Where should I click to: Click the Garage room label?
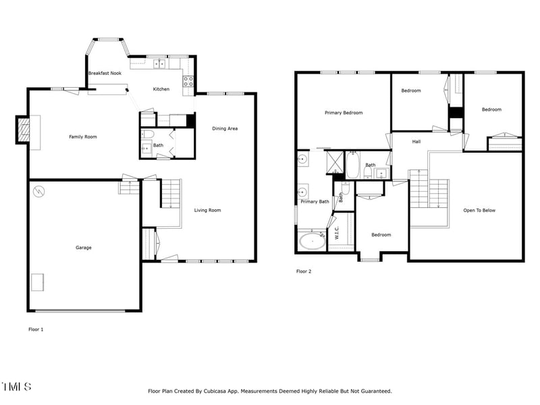click(84, 248)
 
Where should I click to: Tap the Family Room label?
click(83, 137)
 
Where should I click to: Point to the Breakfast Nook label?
click(104, 73)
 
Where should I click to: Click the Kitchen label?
click(161, 89)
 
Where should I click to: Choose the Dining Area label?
click(225, 128)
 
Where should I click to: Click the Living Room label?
click(208, 210)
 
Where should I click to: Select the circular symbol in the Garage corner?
click(39, 192)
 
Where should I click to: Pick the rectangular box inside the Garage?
click(38, 281)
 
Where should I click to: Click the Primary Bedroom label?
click(344, 113)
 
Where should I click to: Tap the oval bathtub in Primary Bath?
click(312, 240)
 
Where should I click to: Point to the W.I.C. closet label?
click(337, 234)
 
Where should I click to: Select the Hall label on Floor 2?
click(416, 142)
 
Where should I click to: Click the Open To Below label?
click(479, 210)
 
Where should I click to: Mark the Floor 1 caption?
click(36, 329)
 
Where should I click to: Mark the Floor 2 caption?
click(304, 271)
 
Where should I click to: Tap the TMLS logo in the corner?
click(17, 387)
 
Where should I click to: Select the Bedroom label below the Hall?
click(381, 235)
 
